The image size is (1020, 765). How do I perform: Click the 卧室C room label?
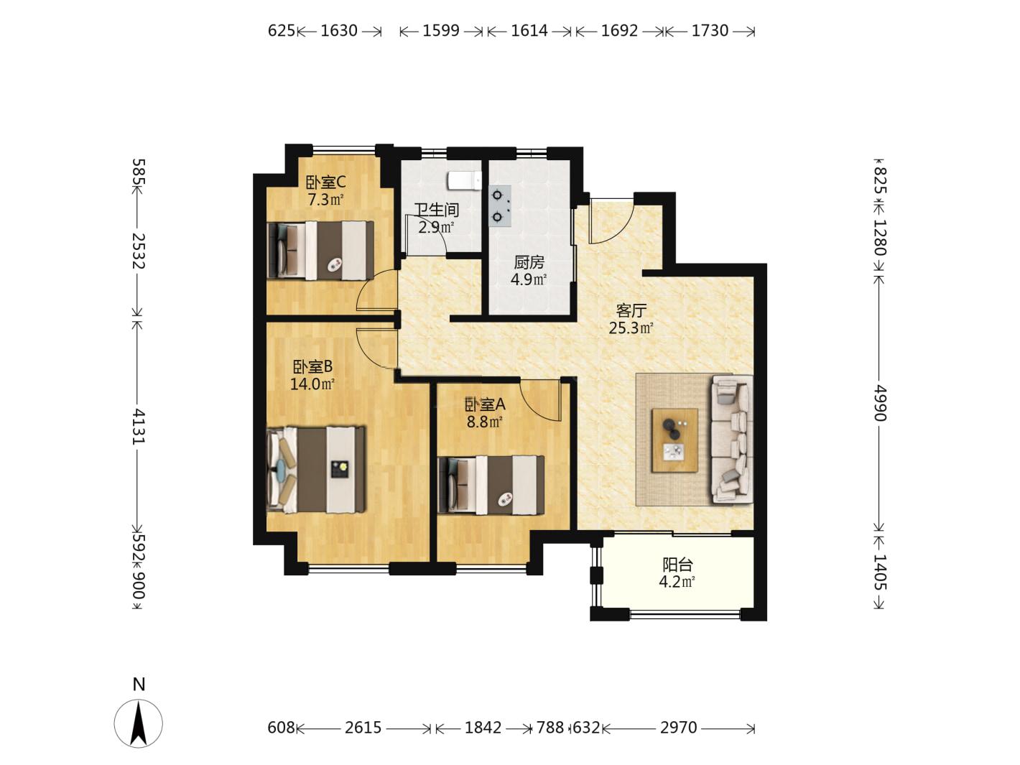[x=325, y=182]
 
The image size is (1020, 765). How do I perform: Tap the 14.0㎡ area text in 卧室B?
[x=312, y=384]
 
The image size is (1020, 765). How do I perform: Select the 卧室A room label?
[x=485, y=404]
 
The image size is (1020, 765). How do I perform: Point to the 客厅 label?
[x=631, y=310]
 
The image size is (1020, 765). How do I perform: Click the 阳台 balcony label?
[x=677, y=565]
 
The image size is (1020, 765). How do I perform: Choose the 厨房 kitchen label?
[x=529, y=262]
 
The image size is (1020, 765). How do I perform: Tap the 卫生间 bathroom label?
[x=437, y=210]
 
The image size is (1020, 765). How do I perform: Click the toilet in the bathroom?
[x=464, y=180]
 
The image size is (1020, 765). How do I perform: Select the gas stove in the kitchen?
[x=500, y=205]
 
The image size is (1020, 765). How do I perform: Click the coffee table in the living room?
[x=674, y=440]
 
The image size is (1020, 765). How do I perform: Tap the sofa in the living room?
[x=731, y=440]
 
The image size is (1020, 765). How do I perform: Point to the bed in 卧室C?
[x=320, y=251]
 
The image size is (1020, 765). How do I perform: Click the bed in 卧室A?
[x=491, y=485]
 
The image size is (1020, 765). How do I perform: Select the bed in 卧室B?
[x=316, y=470]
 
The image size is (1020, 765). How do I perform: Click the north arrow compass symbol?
[x=139, y=723]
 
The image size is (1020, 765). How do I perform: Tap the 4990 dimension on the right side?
[x=880, y=403]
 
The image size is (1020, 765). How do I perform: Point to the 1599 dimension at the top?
[x=440, y=31]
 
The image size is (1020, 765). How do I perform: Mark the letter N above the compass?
[x=139, y=684]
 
